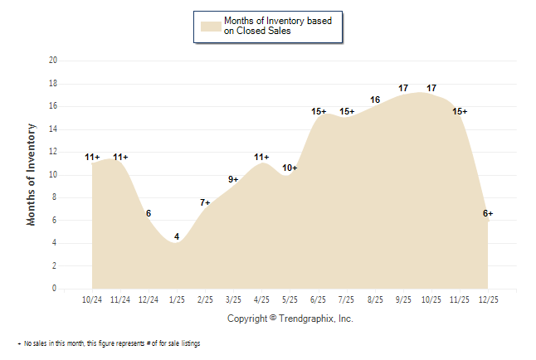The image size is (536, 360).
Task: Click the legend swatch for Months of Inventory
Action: (x=210, y=26)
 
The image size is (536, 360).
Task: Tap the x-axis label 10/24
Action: (x=92, y=299)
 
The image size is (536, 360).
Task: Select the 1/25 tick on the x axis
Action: (x=177, y=299)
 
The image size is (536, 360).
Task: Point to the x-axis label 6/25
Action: (x=318, y=299)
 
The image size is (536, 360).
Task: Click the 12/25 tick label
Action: (x=488, y=299)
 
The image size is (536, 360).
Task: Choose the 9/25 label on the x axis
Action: (x=403, y=299)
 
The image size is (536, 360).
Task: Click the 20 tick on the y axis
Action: (x=53, y=61)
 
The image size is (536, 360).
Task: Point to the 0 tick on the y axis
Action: (x=56, y=289)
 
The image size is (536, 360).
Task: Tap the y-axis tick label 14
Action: (x=53, y=129)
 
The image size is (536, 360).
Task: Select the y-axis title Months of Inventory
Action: (x=32, y=174)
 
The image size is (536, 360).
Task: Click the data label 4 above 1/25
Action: (x=177, y=237)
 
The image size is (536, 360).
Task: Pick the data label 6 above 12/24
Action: (x=149, y=214)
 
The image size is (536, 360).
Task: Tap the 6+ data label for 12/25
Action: (x=488, y=214)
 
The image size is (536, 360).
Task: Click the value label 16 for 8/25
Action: (x=375, y=100)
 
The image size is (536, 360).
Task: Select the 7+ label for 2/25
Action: (x=205, y=202)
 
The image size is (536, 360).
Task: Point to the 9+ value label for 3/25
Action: (x=233, y=179)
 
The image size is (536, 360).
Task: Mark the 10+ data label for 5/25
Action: (x=290, y=168)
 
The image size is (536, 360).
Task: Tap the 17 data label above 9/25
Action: (x=403, y=88)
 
